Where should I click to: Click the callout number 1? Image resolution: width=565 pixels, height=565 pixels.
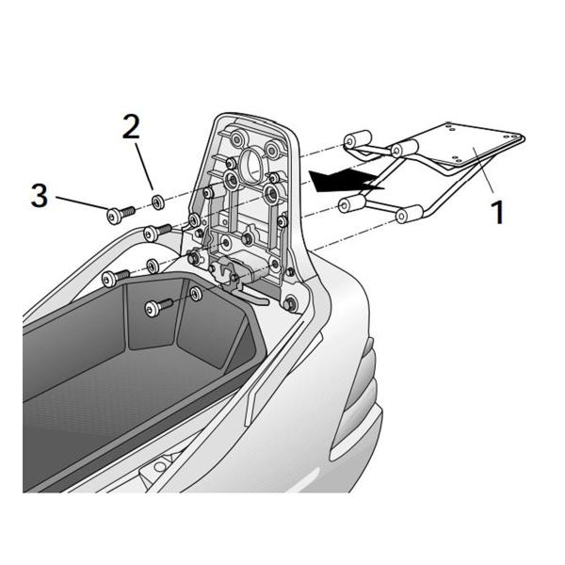[x=497, y=212]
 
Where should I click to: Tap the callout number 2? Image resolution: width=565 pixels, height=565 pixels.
[x=131, y=126]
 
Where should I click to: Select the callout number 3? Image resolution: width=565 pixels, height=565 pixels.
[x=40, y=195]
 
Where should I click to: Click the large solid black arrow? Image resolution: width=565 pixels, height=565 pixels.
[x=347, y=180]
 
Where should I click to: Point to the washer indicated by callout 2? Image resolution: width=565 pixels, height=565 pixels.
[x=158, y=202]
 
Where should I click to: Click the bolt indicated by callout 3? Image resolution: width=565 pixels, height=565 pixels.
[x=121, y=214]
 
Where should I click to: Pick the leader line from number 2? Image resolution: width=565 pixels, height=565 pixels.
[x=144, y=167]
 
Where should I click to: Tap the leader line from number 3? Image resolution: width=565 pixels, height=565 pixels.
[x=82, y=203]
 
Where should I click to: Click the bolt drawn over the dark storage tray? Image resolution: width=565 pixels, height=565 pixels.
[x=159, y=307]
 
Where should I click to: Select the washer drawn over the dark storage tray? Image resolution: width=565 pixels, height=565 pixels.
[x=196, y=294]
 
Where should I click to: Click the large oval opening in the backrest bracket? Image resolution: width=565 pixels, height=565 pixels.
[x=251, y=161]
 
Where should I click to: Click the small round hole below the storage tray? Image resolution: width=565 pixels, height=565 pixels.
[x=159, y=467]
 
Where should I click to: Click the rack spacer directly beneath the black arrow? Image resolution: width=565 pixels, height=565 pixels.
[x=351, y=205]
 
